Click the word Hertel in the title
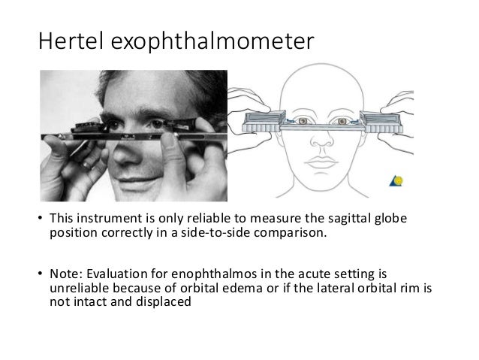pos(70,42)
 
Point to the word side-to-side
pos(222,232)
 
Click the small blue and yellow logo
pos(396,182)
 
